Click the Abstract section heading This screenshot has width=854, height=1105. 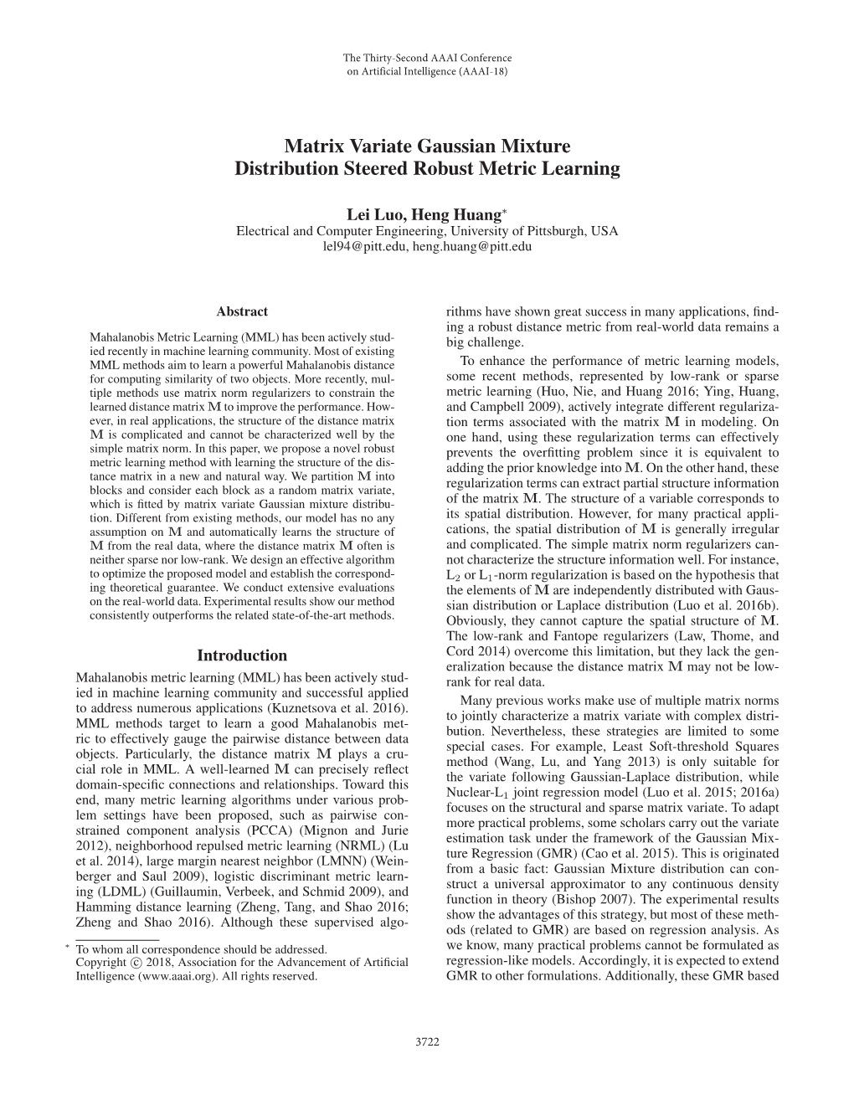(x=242, y=311)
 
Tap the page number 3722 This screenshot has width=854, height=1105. (x=427, y=1041)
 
